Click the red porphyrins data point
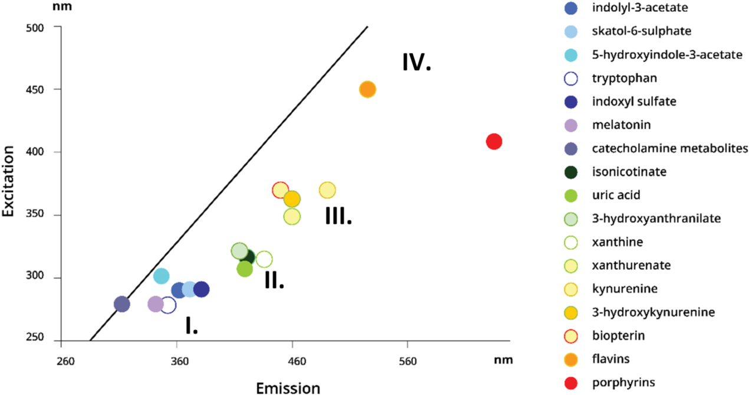(494, 142)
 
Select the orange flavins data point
(367, 89)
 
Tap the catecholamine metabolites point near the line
(121, 305)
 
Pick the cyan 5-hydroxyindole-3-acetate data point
(161, 276)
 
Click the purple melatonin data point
(155, 305)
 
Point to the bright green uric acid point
(245, 269)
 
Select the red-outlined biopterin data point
(280, 190)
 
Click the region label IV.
(416, 63)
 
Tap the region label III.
(338, 217)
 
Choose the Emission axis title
(288, 388)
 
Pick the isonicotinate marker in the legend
(570, 172)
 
